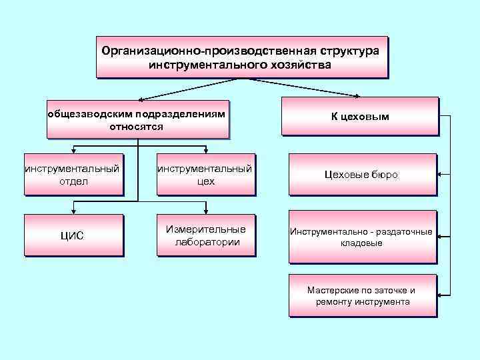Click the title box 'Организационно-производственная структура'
pyautogui.click(x=241, y=57)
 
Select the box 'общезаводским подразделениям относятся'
pyautogui.click(x=137, y=119)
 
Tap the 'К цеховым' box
pyautogui.click(x=360, y=117)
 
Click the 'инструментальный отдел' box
pyautogui.click(x=73, y=175)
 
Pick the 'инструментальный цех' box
pyautogui.click(x=205, y=175)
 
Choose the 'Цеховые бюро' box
pyautogui.click(x=362, y=175)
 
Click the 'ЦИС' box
pyautogui.click(x=73, y=235)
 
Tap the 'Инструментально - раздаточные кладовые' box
pyautogui.click(x=362, y=237)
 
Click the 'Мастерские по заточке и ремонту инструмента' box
pyautogui.click(x=362, y=295)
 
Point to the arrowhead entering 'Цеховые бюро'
pyautogui.click(x=442, y=174)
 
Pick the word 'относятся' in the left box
pyautogui.click(x=136, y=126)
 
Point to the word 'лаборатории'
pyautogui.click(x=207, y=242)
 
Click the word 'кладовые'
pyautogui.click(x=361, y=243)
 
